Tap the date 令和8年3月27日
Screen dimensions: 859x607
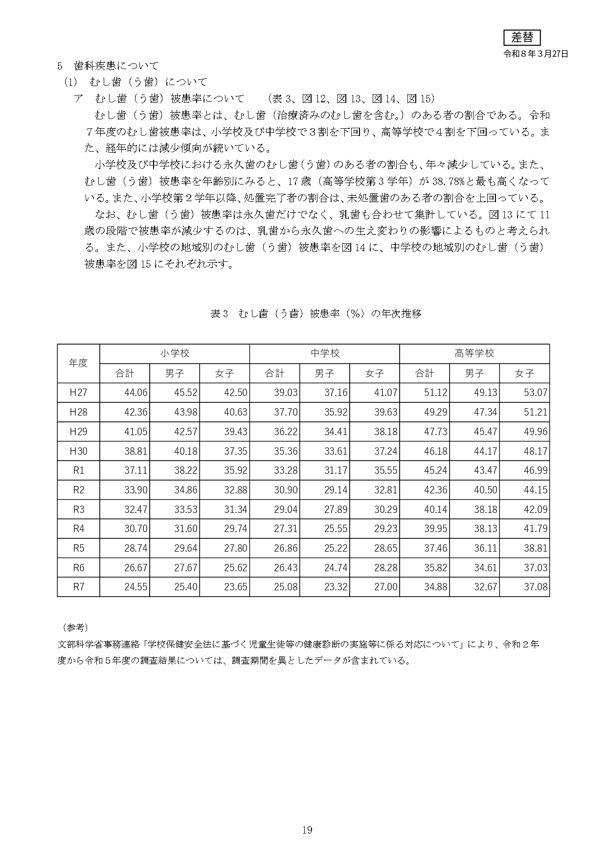click(536, 54)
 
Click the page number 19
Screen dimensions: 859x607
click(307, 830)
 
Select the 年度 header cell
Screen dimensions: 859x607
click(78, 363)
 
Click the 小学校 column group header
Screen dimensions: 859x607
click(175, 353)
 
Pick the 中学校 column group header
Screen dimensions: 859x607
click(325, 353)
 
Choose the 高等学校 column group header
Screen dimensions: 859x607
click(474, 353)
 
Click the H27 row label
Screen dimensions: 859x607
click(78, 393)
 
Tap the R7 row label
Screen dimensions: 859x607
click(78, 587)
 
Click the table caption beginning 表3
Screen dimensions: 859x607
click(315, 314)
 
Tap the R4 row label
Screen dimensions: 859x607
click(78, 529)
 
